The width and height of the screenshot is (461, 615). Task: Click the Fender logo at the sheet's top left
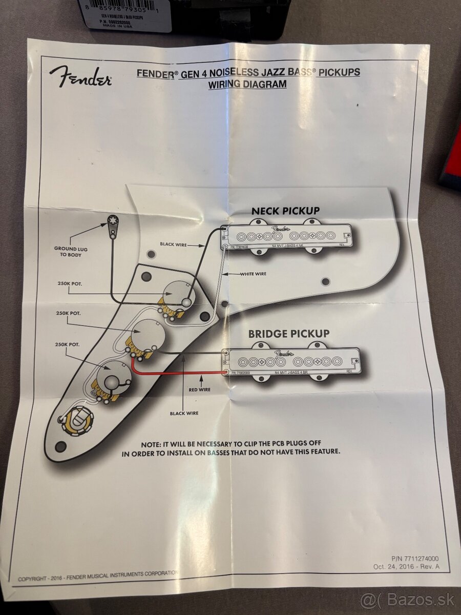tap(80, 77)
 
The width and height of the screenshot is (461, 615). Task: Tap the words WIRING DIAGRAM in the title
tap(247, 85)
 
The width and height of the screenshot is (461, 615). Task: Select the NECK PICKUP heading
tap(285, 211)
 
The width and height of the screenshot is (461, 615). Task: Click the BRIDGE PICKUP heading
tap(289, 334)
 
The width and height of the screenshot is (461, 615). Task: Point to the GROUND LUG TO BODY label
tap(71, 252)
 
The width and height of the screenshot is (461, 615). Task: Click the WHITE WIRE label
tap(254, 274)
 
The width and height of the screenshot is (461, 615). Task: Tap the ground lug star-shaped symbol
tap(113, 221)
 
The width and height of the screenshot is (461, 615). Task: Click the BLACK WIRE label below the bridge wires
tap(184, 413)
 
